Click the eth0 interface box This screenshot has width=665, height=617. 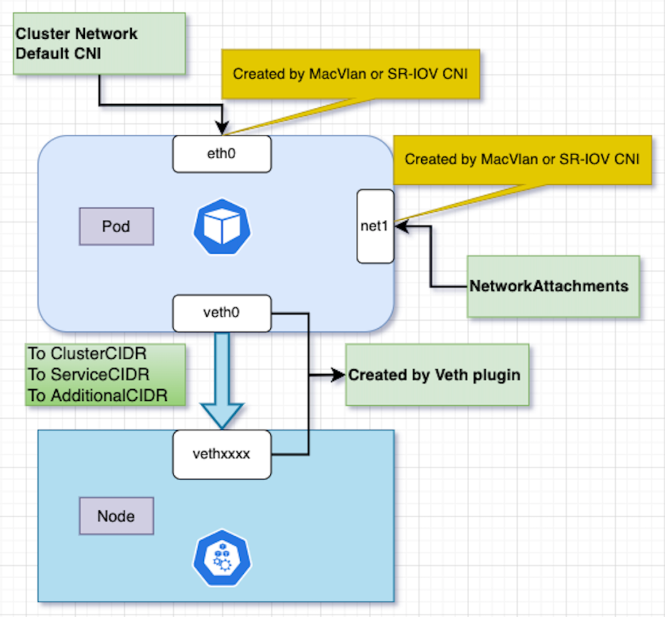tap(222, 154)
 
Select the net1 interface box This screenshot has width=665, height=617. tap(376, 226)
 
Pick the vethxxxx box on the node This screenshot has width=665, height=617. tap(222, 454)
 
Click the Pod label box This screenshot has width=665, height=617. tap(116, 227)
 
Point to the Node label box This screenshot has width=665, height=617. tap(116, 515)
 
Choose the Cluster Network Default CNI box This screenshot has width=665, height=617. tap(99, 44)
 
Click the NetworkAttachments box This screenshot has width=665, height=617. tap(552, 286)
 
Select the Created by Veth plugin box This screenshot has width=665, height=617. tap(437, 374)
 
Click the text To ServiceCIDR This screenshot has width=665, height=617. tap(89, 374)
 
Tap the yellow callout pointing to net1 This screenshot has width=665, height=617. tap(522, 159)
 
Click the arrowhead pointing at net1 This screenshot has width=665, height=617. tap(401, 227)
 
